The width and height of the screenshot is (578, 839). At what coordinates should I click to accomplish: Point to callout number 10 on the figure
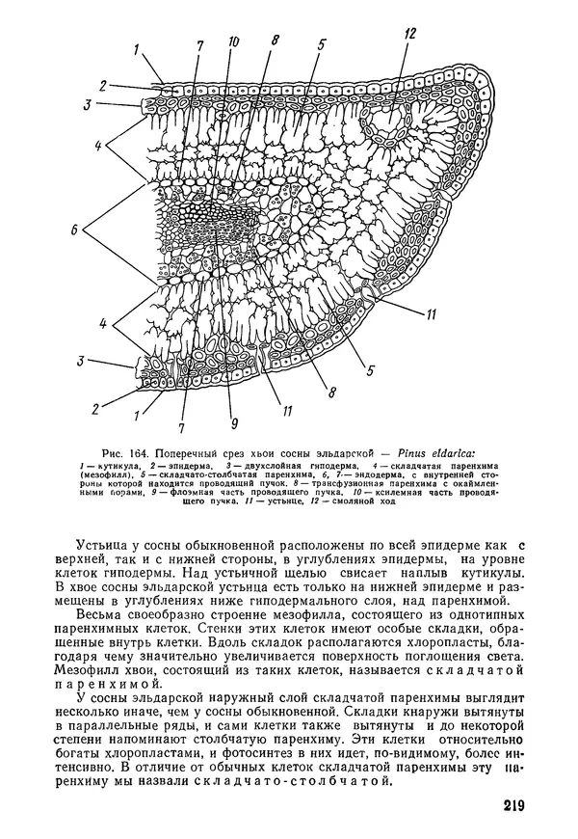click(231, 41)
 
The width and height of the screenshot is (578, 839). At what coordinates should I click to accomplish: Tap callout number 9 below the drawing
click(231, 421)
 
